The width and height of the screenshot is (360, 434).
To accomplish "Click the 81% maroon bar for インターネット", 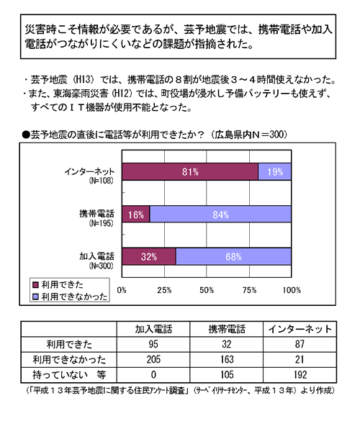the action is [190, 172].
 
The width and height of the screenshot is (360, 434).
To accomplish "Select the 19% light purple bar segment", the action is [274, 172].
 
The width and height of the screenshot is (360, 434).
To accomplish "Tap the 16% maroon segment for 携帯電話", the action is [135, 214].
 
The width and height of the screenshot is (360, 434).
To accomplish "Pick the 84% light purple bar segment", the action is [220, 214].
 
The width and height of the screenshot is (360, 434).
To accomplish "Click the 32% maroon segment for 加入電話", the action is [149, 256].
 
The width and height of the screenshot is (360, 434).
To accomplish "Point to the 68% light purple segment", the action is [233, 256].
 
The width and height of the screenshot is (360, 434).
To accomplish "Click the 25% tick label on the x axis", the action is [164, 290].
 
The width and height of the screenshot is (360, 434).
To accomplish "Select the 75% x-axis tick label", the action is [249, 290].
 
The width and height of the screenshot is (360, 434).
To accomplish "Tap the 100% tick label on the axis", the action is [292, 290].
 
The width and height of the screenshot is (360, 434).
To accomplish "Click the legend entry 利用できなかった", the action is [70, 297].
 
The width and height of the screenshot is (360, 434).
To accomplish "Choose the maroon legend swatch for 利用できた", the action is [35, 285].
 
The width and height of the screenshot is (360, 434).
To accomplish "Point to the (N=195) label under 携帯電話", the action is [101, 223].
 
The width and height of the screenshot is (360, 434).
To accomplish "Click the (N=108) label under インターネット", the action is [101, 181].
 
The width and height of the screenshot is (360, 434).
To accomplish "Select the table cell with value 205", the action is [153, 360].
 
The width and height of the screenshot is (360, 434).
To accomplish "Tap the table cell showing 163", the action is [227, 360].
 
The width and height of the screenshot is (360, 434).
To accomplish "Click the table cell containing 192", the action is [300, 375].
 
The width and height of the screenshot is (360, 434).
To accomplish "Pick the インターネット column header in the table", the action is [300, 329].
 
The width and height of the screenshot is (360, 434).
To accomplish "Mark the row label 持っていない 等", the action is [69, 375].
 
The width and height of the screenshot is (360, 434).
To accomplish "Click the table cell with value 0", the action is [153, 375].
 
